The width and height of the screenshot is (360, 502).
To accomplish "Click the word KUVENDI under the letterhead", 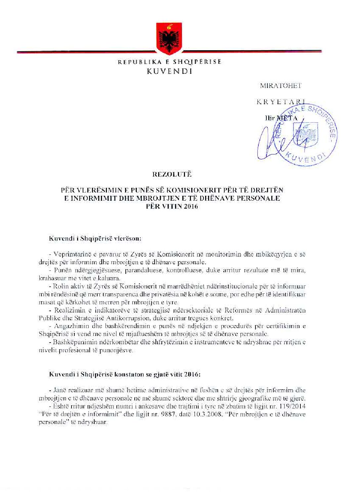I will [169, 71].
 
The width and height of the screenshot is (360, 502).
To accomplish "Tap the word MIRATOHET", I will [281, 86].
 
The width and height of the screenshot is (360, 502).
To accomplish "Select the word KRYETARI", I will [281, 102].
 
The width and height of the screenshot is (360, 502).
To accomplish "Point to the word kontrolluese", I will [186, 270].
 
